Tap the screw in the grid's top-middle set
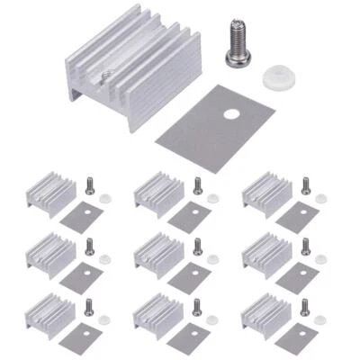click(x=197, y=185)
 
